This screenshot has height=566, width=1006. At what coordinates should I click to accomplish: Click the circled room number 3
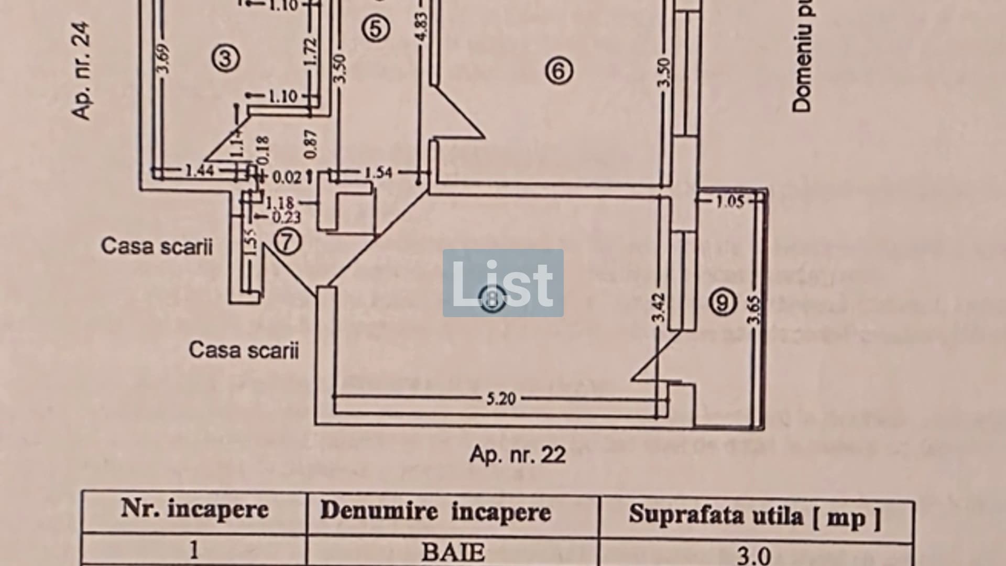coord(226,58)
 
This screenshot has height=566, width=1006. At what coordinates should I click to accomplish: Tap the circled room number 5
coord(376,28)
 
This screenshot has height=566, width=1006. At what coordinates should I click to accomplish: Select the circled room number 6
coord(559,70)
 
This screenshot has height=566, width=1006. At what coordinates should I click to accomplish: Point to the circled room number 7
coord(288,242)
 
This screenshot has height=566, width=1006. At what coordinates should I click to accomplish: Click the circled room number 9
coord(723,302)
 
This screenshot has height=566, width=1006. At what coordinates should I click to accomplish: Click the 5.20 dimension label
coord(501,399)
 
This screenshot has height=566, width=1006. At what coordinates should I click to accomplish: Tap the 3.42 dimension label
coord(660,308)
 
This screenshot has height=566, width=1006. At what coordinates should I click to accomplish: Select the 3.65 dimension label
coord(754,310)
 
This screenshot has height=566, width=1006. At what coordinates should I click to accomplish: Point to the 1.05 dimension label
coord(730,202)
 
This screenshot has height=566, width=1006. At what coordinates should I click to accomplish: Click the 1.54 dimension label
coord(378,172)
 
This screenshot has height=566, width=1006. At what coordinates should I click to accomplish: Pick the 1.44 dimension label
coord(200,170)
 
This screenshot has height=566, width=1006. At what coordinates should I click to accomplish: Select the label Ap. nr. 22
coord(518,454)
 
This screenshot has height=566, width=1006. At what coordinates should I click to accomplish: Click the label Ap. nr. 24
coord(82,70)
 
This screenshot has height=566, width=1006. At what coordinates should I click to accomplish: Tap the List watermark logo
coord(503,283)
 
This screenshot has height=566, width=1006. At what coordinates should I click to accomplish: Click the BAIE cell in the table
coord(453,551)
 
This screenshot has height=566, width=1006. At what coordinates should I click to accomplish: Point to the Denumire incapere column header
coord(435,511)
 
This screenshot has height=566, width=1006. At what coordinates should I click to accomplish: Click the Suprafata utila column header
coord(754,515)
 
